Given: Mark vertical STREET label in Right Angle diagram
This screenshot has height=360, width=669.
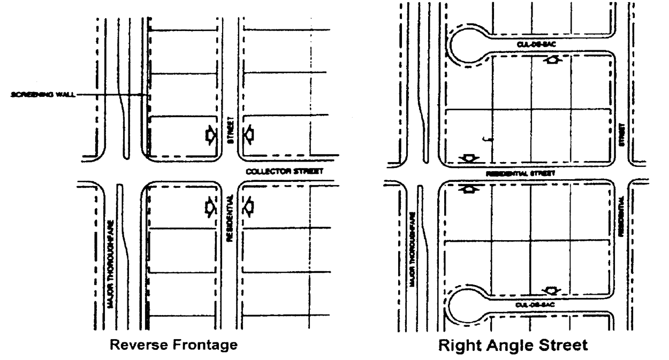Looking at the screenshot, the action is [621, 133].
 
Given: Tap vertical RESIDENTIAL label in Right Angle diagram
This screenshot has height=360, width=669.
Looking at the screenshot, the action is [621, 217].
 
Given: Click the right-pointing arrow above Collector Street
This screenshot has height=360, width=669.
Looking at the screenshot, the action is [211, 136].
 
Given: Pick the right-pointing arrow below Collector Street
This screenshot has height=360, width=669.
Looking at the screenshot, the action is [211, 206].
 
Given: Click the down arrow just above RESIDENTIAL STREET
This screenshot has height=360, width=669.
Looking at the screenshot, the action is [469, 158].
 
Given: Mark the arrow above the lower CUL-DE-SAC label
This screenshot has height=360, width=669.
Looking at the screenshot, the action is [551, 290].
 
